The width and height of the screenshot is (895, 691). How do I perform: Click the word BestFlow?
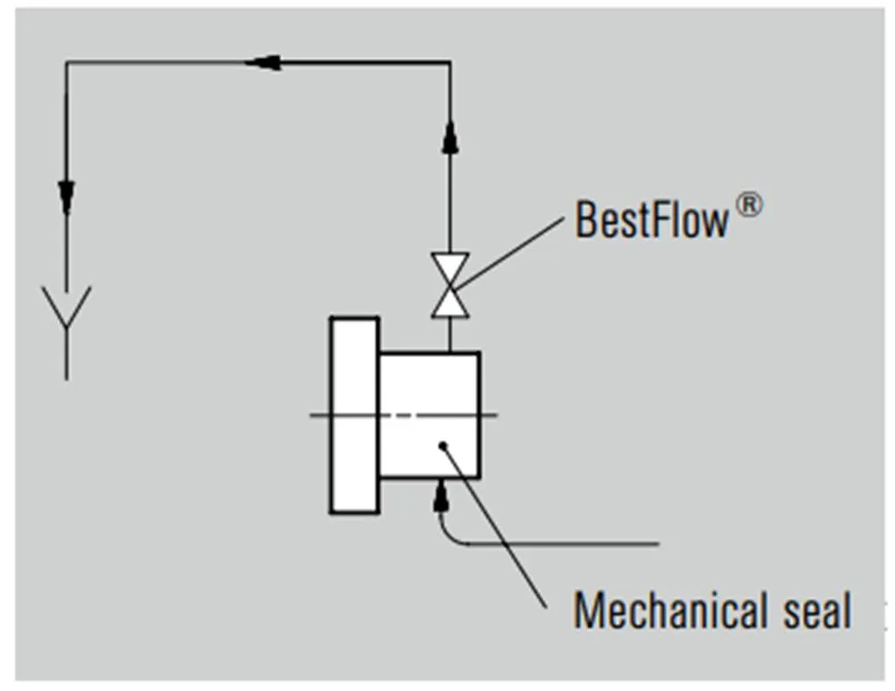(652, 218)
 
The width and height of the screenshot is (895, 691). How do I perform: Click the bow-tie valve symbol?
(449, 286)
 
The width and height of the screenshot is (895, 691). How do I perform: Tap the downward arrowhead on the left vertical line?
(67, 197)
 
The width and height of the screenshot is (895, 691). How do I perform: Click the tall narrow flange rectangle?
(354, 415)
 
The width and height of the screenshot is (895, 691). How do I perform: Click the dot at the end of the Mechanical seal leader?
(442, 445)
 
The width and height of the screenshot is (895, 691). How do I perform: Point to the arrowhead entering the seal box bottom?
(440, 496)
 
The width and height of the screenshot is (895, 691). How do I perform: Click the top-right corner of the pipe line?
(449, 63)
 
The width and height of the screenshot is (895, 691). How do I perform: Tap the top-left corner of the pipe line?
(67, 63)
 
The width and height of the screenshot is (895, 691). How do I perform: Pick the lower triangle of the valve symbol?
(449, 303)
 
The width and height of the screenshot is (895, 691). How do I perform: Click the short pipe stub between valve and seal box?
(449, 335)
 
